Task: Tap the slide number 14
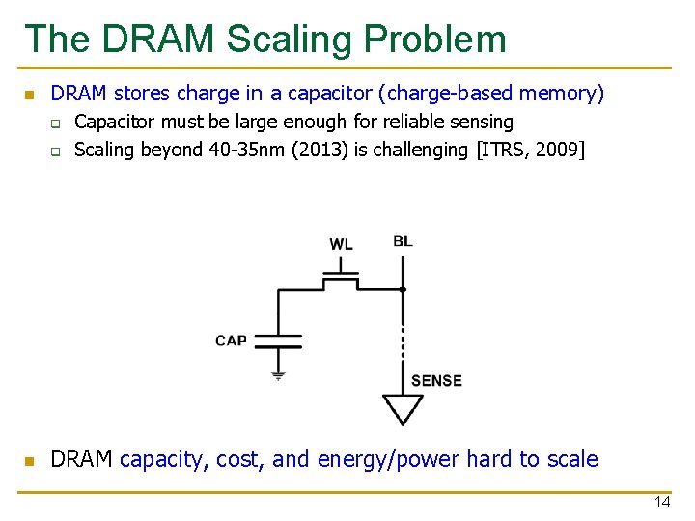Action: pyautogui.click(x=661, y=503)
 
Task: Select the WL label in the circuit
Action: pyautogui.click(x=341, y=244)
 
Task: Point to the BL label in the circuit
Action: pyautogui.click(x=403, y=240)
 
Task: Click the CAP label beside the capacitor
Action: pyautogui.click(x=231, y=340)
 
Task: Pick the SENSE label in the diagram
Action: pyautogui.click(x=436, y=380)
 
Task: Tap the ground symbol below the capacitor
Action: pyautogui.click(x=278, y=375)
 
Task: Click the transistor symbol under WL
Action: pyautogui.click(x=341, y=279)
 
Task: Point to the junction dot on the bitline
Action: pyautogui.click(x=403, y=288)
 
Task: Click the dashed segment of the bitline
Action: pyautogui.click(x=403, y=333)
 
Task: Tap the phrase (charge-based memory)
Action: pyautogui.click(x=491, y=94)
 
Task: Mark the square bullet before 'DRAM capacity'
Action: pyautogui.click(x=29, y=460)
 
